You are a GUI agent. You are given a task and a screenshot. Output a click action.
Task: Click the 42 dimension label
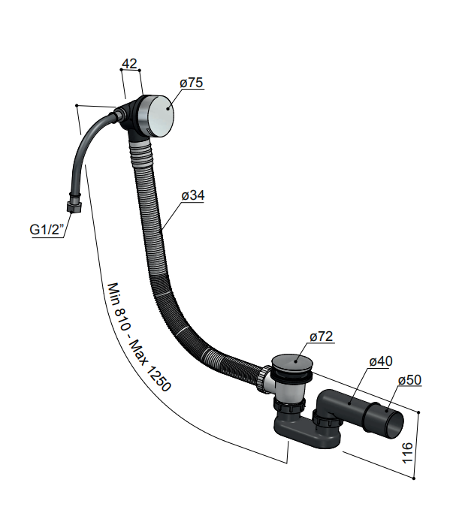(129, 64)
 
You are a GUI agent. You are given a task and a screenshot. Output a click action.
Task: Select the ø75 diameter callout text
(192, 83)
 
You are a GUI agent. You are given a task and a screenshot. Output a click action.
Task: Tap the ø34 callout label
(193, 195)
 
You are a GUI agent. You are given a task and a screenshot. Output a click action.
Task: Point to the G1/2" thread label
(47, 229)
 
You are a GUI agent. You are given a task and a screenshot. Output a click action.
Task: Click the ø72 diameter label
(322, 336)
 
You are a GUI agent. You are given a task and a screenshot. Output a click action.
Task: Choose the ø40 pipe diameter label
(381, 361)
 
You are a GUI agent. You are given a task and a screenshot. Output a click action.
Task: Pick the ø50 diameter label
(410, 380)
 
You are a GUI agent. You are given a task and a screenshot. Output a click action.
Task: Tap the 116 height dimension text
(407, 453)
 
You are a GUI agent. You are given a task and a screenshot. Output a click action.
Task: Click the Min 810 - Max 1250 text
(139, 337)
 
